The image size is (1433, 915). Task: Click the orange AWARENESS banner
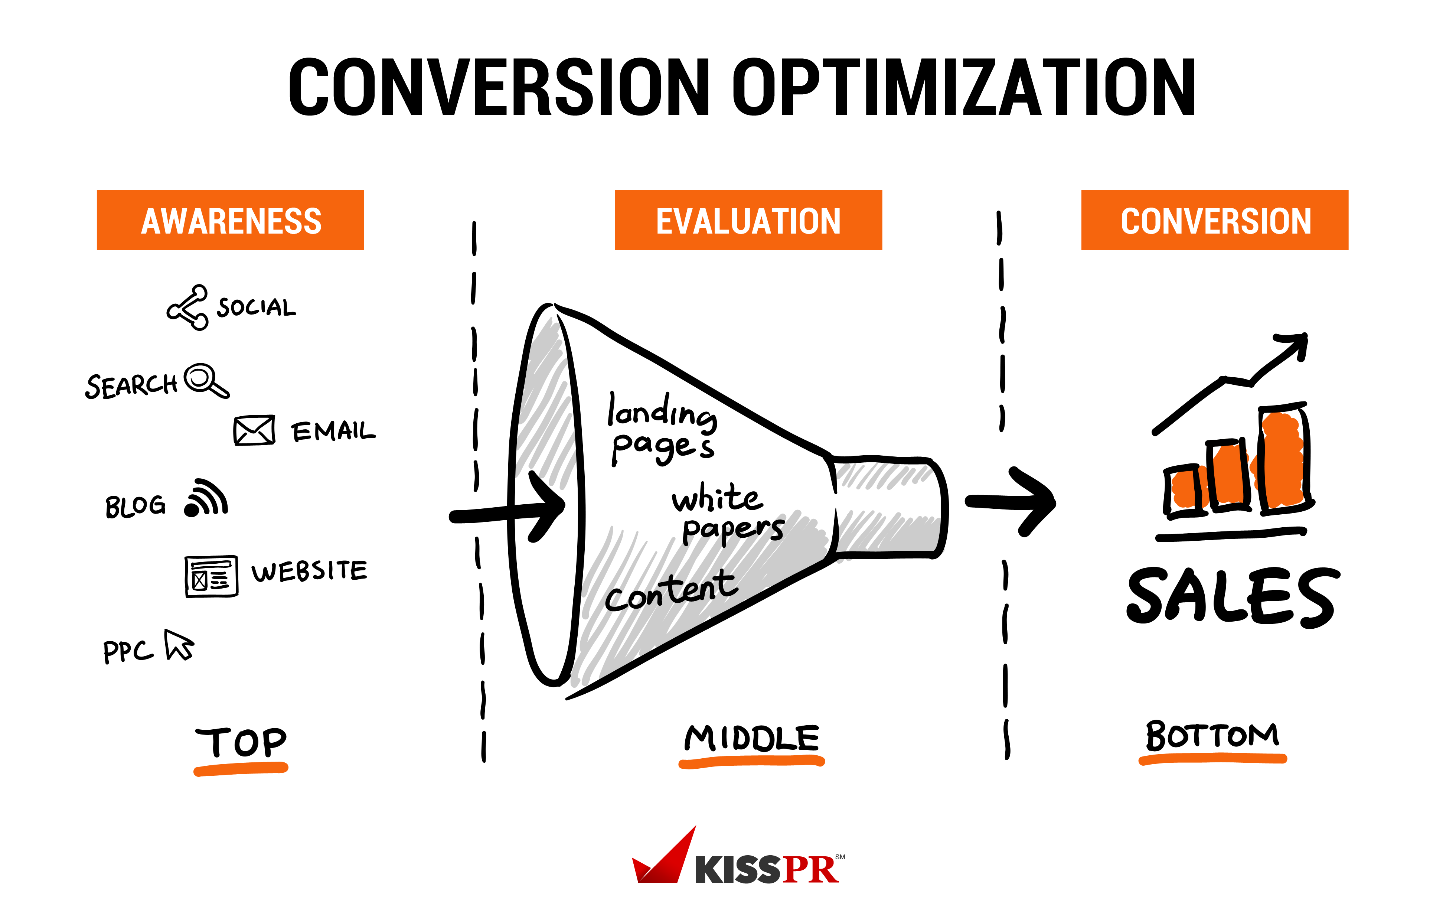230,220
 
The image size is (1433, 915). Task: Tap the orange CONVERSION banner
1215,220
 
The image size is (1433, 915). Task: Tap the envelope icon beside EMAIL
254,430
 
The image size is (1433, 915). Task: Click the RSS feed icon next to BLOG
206,498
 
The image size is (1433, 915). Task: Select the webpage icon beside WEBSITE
211,576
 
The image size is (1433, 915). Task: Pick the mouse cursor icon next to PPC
179,645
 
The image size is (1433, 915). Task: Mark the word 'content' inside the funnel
671,590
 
